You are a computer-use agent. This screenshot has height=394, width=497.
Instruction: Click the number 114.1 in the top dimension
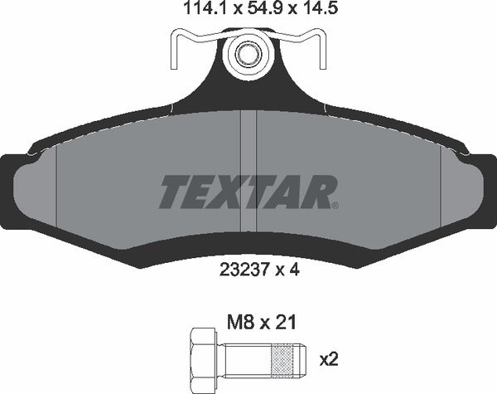(197, 11)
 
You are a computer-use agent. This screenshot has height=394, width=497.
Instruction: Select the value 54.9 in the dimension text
(248, 11)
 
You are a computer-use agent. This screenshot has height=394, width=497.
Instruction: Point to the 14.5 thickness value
(300, 11)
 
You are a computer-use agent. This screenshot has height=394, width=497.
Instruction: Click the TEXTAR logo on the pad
(247, 192)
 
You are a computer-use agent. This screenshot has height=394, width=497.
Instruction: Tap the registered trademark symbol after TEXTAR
(334, 203)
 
